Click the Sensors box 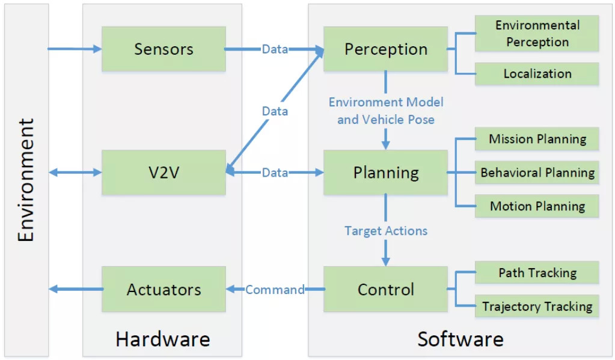(x=164, y=49)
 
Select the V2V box (x=164, y=172)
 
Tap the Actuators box (x=164, y=289)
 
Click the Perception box (x=385, y=49)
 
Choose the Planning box (x=385, y=172)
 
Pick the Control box (x=385, y=289)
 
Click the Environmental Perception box (x=537, y=34)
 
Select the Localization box (x=537, y=73)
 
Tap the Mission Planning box (x=537, y=139)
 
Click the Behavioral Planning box (x=537, y=172)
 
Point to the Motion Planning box (x=537, y=206)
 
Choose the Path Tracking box (x=537, y=272)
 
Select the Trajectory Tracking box (x=537, y=307)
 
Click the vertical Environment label (x=26, y=180)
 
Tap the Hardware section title (x=162, y=339)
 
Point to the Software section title (x=460, y=339)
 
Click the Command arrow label (x=275, y=290)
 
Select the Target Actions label (x=385, y=231)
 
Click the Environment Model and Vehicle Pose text (x=385, y=111)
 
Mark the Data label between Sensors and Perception (x=275, y=49)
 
